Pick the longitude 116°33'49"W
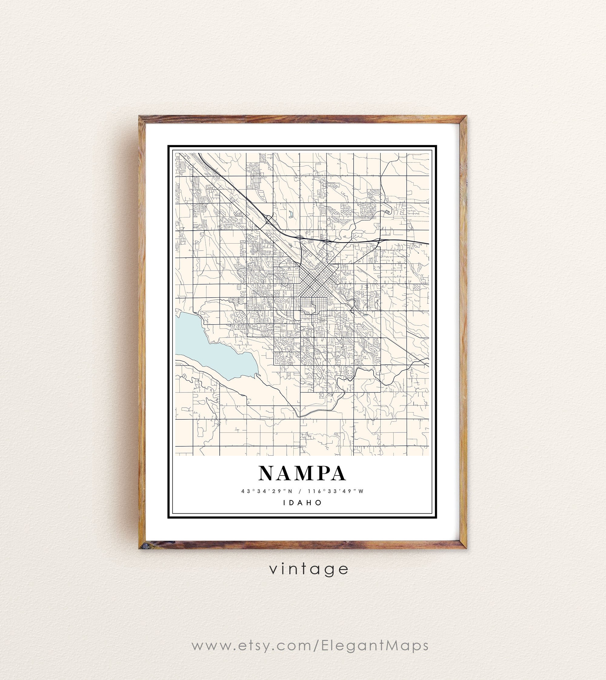[336, 491]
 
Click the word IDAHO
[303, 502]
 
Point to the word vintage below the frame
[309, 569]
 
